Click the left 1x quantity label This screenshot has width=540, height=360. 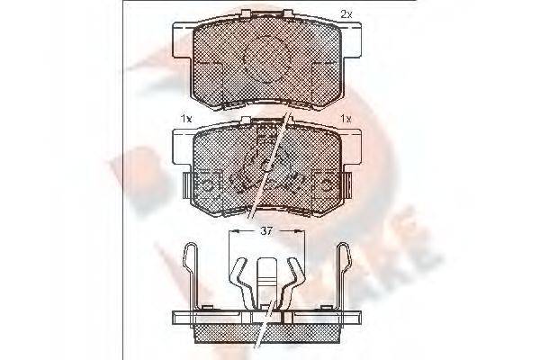[x=185, y=119]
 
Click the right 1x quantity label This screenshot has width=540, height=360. [x=346, y=119]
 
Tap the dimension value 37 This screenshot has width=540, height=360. [x=266, y=231]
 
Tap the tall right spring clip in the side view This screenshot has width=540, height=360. [x=344, y=274]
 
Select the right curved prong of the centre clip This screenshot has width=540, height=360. [x=293, y=279]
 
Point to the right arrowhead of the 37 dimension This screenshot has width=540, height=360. [x=301, y=231]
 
